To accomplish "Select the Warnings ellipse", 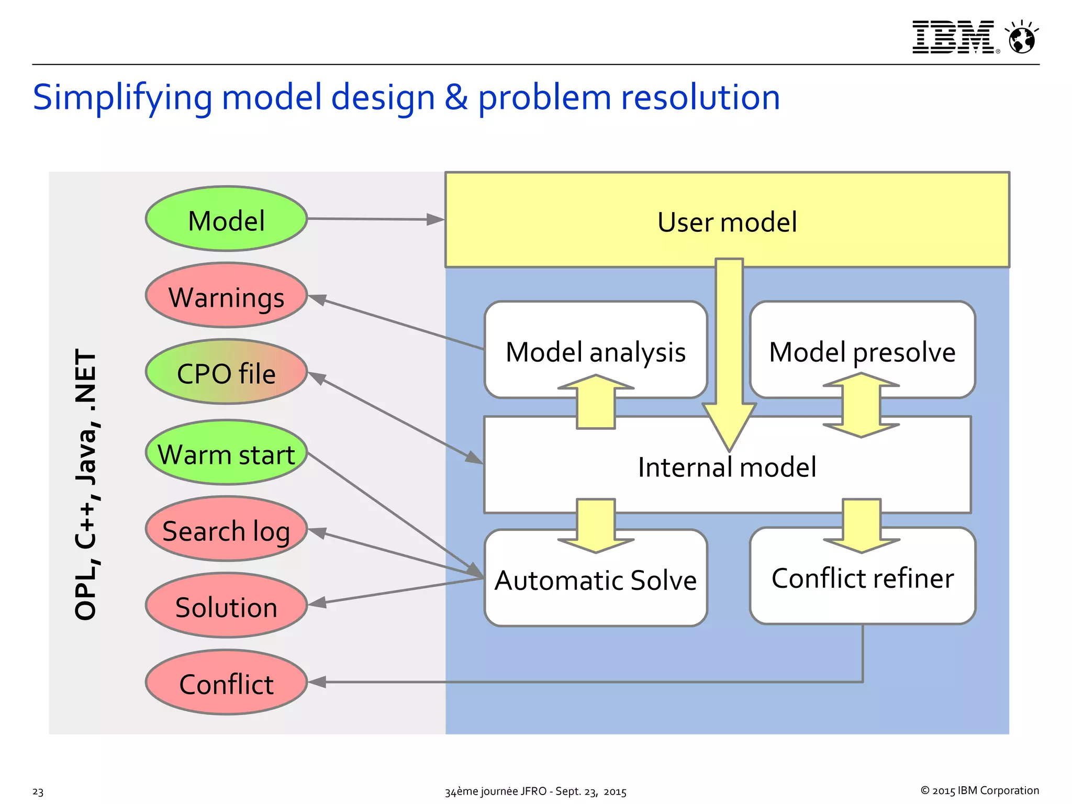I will point(226,296).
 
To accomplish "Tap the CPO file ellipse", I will point(226,373).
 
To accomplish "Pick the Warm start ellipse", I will point(226,453).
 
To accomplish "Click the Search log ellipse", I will point(226,530).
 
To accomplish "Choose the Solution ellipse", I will point(226,606).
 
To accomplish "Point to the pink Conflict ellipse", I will point(226,683).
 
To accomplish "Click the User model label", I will point(727,222).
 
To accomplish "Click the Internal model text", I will point(727,467).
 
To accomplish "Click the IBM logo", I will point(953,37).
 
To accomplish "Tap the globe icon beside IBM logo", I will point(1022,38).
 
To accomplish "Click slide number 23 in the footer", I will point(38,791).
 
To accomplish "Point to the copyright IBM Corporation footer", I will point(979,790).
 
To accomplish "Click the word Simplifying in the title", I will point(122,98).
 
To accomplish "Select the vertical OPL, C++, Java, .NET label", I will point(86,484).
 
